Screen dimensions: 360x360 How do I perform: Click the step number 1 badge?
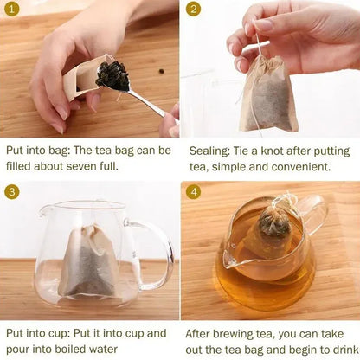pyautogui.click(x=11, y=10)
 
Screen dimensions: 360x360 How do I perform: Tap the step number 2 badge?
pyautogui.click(x=193, y=10)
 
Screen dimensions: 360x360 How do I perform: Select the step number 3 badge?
pyautogui.click(x=11, y=191)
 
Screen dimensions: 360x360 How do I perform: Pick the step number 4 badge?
pyautogui.click(x=193, y=191)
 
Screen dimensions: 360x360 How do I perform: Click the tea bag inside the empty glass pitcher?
pyautogui.click(x=89, y=260)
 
